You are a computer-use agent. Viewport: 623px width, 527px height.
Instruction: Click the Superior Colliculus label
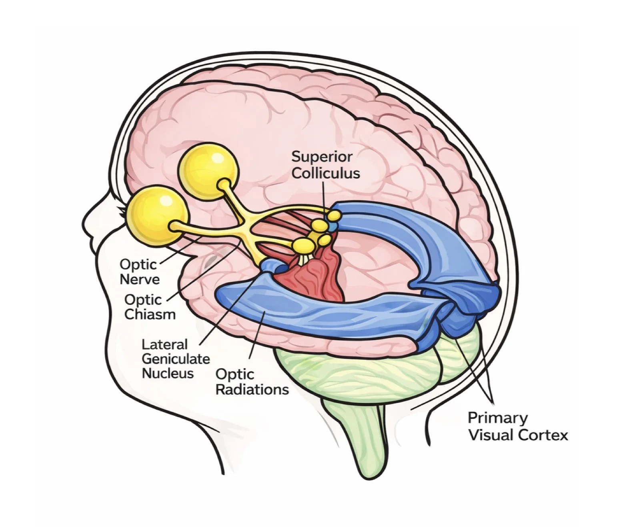coord(325,165)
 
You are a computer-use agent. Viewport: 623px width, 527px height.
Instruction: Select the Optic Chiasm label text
coord(150,307)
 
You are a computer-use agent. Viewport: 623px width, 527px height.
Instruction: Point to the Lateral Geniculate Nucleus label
coord(176,359)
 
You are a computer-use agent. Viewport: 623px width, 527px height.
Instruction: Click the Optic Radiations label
coord(252,381)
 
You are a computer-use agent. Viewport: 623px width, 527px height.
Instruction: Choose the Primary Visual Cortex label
coord(518,426)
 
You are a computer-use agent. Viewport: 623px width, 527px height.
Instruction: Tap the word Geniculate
coord(176,359)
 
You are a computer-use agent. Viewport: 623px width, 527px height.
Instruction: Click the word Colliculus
coord(325,173)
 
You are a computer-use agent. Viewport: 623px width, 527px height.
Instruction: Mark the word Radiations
coord(252,389)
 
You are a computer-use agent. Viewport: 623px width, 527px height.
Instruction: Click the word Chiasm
coord(150,314)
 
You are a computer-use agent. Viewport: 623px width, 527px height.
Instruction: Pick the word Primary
coord(498,418)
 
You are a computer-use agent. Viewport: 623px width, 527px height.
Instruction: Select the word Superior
coord(322,156)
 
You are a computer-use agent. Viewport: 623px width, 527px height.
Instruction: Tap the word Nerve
coord(140,279)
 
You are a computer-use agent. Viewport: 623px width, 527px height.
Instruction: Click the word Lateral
coord(165,345)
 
